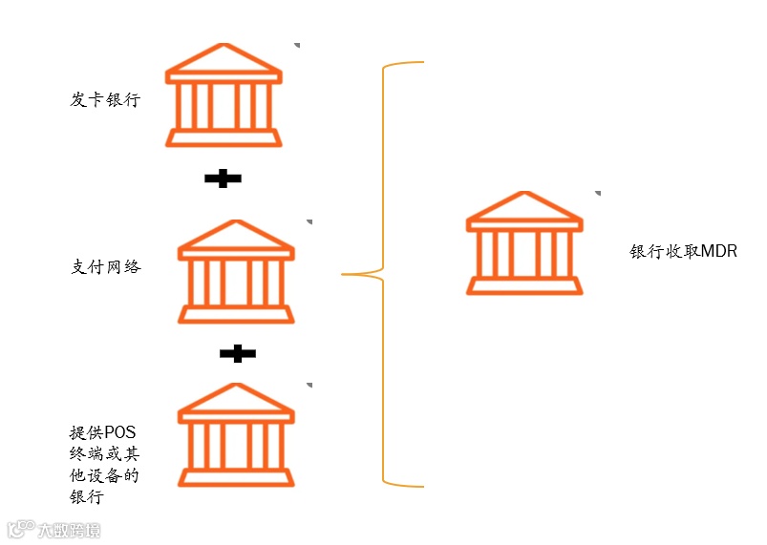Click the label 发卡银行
(x=105, y=99)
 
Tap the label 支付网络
(x=106, y=267)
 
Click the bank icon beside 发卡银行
(x=224, y=95)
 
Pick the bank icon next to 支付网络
(x=236, y=272)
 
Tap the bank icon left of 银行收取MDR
(x=523, y=242)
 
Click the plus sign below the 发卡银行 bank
(x=223, y=178)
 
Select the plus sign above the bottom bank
(x=237, y=354)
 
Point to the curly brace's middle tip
(x=345, y=275)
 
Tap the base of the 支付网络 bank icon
(x=236, y=315)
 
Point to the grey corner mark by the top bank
(x=297, y=45)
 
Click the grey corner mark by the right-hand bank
(x=597, y=193)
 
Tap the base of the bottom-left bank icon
(x=236, y=477)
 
